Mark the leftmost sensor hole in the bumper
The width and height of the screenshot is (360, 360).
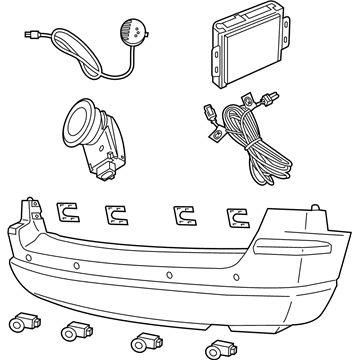(x=30, y=257)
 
